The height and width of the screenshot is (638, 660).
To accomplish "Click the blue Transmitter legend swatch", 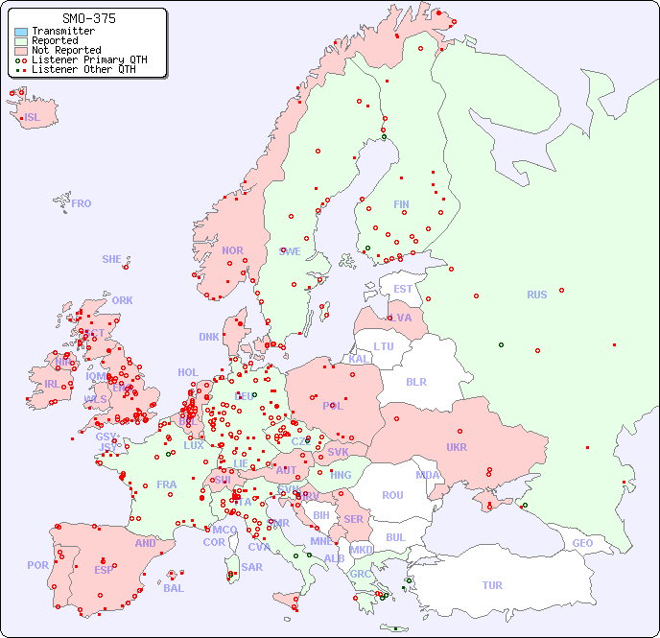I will pyautogui.click(x=21, y=32).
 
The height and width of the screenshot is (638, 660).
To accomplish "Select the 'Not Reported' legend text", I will pyautogui.click(x=65, y=50).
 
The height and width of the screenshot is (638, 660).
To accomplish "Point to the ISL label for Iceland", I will pyautogui.click(x=33, y=118).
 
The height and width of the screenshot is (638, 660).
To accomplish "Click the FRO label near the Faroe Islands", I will pyautogui.click(x=82, y=203).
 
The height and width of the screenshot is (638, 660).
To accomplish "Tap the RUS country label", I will pyautogui.click(x=536, y=295).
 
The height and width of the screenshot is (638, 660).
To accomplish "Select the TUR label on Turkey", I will pyautogui.click(x=492, y=585).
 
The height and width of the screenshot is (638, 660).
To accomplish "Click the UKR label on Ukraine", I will pyautogui.click(x=456, y=447).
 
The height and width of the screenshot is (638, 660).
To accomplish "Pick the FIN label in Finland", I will pyautogui.click(x=401, y=204).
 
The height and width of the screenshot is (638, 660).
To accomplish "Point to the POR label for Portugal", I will pyautogui.click(x=37, y=565).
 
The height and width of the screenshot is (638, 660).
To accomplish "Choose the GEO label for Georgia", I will pyautogui.click(x=582, y=543).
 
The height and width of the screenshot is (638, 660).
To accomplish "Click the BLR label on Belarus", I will pyautogui.click(x=415, y=381).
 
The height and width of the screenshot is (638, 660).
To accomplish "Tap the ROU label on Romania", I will pyautogui.click(x=392, y=495).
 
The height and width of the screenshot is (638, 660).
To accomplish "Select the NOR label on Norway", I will pyautogui.click(x=232, y=250).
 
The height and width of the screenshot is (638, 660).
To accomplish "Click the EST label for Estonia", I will pyautogui.click(x=403, y=289).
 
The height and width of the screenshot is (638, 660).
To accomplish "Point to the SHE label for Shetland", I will pyautogui.click(x=112, y=259).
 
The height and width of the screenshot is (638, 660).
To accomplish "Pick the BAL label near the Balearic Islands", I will pyautogui.click(x=174, y=588).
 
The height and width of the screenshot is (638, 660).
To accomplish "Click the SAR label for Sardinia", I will pyautogui.click(x=251, y=567).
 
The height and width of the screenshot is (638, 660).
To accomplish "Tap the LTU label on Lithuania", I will pyautogui.click(x=384, y=346).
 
